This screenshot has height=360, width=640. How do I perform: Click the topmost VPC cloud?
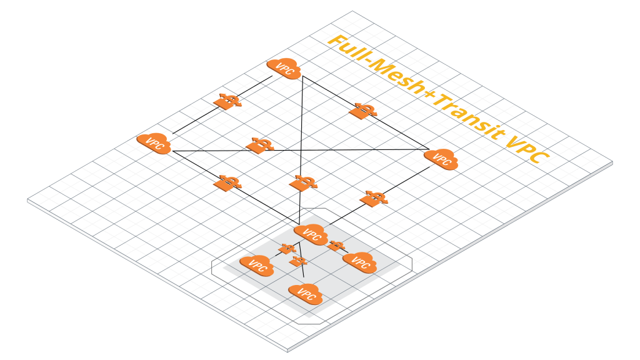[x=284, y=68]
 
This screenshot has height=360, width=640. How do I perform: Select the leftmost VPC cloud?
[x=154, y=144]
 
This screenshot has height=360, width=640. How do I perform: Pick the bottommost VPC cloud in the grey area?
[x=306, y=293]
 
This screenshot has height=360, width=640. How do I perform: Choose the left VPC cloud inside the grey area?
[x=257, y=265]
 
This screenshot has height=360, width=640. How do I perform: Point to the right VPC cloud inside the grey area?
[x=358, y=262]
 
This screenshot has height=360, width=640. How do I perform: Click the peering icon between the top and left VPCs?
[x=228, y=101]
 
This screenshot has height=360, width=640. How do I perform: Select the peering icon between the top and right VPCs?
[x=362, y=111]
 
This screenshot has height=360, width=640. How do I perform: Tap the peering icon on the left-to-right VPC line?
[x=259, y=145]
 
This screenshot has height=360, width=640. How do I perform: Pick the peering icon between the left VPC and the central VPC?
[x=228, y=182]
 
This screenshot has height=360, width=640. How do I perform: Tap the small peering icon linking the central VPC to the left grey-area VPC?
[x=286, y=249]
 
